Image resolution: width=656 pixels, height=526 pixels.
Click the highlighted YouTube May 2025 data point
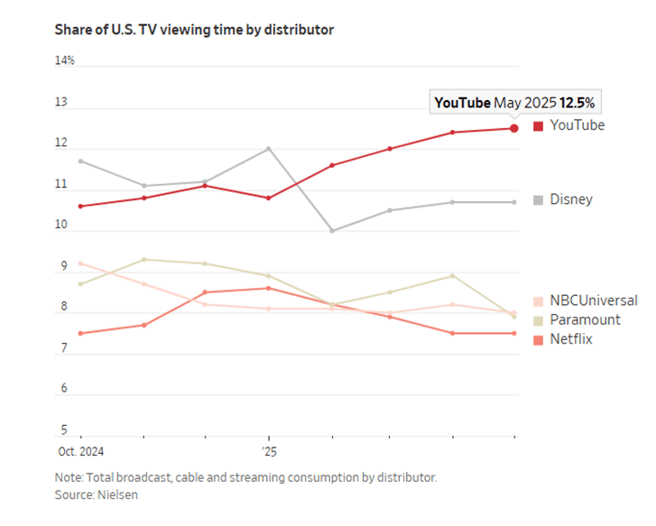(x=514, y=128)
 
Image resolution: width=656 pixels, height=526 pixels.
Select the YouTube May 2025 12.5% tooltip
(x=515, y=102)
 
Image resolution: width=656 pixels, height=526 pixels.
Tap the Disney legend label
(x=571, y=199)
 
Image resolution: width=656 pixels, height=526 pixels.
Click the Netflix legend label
(x=571, y=339)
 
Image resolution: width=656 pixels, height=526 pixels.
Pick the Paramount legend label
(x=585, y=319)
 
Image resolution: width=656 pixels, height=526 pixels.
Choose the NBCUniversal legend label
(x=594, y=300)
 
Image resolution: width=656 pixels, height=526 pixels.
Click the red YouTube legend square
(x=538, y=126)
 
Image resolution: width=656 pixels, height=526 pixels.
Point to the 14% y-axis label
(x=64, y=60)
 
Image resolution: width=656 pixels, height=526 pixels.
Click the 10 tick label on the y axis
(x=61, y=225)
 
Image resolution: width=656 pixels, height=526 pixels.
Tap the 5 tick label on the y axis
(x=64, y=429)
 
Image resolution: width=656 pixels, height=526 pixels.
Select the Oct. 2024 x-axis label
(x=80, y=451)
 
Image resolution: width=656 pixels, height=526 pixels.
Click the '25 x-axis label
(x=270, y=451)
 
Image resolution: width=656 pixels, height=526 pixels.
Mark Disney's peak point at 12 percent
(x=269, y=149)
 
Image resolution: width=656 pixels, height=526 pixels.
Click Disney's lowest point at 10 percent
(x=332, y=231)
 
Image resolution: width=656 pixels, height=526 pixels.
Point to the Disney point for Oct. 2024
(x=80, y=161)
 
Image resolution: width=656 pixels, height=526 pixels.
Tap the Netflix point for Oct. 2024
(x=80, y=334)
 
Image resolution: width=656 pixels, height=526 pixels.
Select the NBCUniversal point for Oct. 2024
(x=80, y=263)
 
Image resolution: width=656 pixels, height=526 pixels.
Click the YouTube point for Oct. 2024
(x=80, y=207)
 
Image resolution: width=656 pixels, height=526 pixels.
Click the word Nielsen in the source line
(x=117, y=494)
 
